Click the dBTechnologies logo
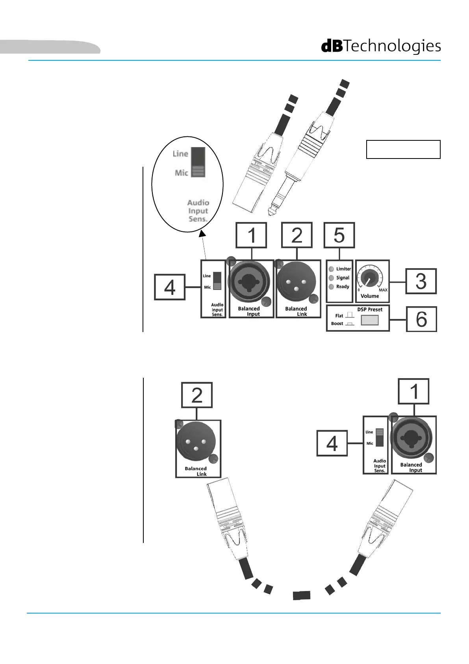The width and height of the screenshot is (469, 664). coord(381,46)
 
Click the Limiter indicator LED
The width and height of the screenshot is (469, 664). coord(331,269)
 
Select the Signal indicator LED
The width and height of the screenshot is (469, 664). coord(331,278)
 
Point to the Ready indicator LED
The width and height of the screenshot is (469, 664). coord(331,287)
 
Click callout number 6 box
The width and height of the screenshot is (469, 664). coord(421,319)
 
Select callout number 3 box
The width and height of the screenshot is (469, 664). coord(421,281)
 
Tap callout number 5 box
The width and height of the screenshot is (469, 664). coord(339,235)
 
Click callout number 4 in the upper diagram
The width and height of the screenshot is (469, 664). coord(170,287)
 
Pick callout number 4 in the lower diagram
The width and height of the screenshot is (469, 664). coord(332,444)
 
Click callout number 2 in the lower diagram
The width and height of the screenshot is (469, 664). coord(197,395)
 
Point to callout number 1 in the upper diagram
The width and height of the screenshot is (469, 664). coord(251,235)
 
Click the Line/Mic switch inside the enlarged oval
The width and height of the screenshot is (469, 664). coord(198,162)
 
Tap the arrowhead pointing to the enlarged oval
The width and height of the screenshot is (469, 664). coord(202,234)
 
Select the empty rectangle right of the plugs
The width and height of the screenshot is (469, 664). coord(403,149)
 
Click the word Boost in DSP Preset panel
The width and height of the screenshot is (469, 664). coord(337,324)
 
